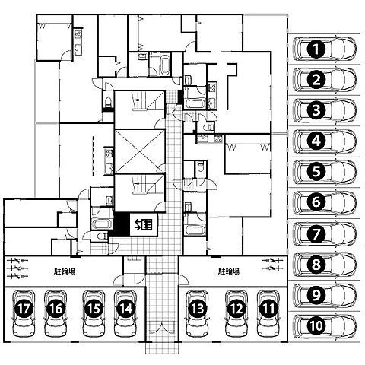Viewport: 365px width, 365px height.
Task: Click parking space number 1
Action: (x=325, y=49)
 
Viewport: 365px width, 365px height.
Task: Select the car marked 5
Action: (x=325, y=172)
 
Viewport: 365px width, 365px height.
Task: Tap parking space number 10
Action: (x=325, y=326)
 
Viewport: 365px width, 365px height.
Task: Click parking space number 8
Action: (x=325, y=265)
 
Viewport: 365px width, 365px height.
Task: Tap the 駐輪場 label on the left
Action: (x=65, y=271)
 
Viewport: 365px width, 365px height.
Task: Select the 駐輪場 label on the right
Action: (x=229, y=271)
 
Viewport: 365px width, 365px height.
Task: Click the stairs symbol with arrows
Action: (x=144, y=224)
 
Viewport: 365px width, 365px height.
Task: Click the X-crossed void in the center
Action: (x=140, y=151)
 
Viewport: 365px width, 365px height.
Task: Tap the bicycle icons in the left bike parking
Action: (x=17, y=268)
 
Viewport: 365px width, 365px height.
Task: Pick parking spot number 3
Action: (x=325, y=110)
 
